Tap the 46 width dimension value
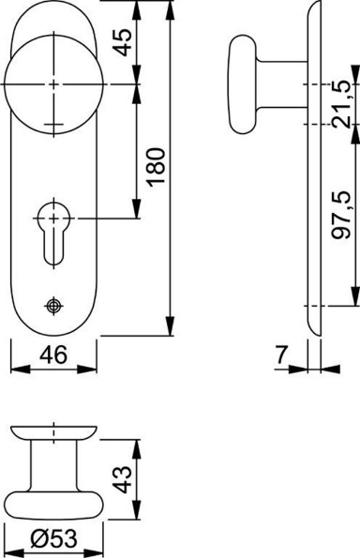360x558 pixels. pyautogui.click(x=53, y=354)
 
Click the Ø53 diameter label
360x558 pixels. pyautogui.click(x=52, y=541)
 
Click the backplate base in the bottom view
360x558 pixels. pyautogui.click(x=53, y=432)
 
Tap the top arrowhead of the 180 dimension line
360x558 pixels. pyautogui.click(x=172, y=8)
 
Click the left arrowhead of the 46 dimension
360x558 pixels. pyautogui.click(x=13, y=369)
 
